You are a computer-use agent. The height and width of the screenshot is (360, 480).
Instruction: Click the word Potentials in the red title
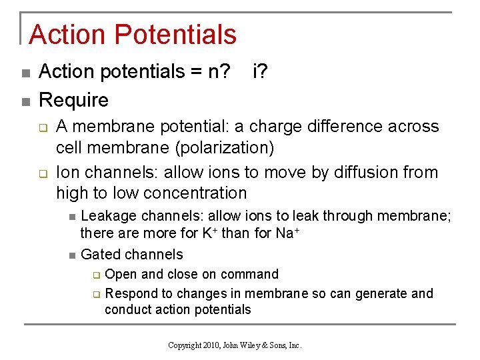click(175, 35)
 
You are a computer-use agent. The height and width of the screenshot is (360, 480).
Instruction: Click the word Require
click(73, 100)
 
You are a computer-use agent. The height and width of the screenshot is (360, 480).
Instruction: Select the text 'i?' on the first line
click(261, 71)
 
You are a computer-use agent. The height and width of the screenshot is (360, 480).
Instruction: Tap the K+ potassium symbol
click(207, 233)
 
